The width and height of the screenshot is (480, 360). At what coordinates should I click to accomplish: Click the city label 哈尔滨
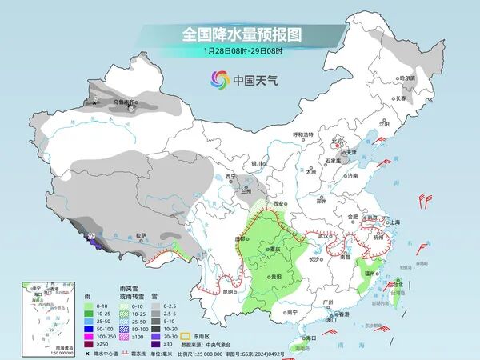tap(406, 78)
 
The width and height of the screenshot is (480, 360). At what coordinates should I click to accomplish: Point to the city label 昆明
tap(229, 292)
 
